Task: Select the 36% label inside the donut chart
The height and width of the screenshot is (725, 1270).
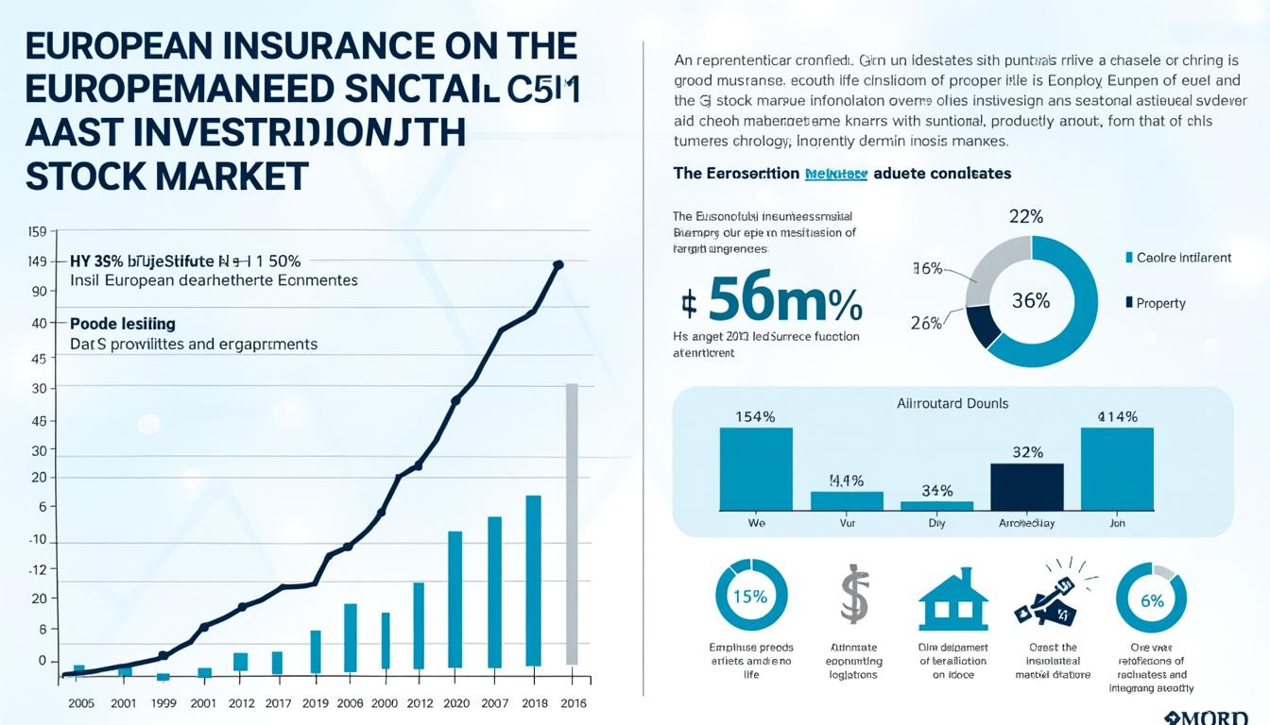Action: pos(1031,301)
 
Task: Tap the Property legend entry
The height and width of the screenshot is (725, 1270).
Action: pos(1160,303)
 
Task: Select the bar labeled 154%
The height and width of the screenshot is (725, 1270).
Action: pos(756,468)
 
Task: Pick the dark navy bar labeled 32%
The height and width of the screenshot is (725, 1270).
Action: pos(1027,486)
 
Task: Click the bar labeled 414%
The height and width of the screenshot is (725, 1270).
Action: pos(1117,468)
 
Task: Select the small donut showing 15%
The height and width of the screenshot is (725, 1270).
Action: pos(750,597)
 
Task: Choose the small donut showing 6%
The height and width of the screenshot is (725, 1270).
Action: pos(1151,599)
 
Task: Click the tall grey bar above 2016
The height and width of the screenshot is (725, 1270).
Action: pos(571,524)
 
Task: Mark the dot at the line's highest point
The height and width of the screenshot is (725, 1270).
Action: pos(558,265)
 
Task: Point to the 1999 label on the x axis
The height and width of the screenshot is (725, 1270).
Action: pos(163,703)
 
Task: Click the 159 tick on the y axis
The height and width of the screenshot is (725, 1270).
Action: pos(38,231)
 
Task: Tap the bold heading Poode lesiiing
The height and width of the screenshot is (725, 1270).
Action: pos(123,324)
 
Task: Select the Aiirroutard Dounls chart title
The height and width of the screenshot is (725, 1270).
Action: pos(952,403)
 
